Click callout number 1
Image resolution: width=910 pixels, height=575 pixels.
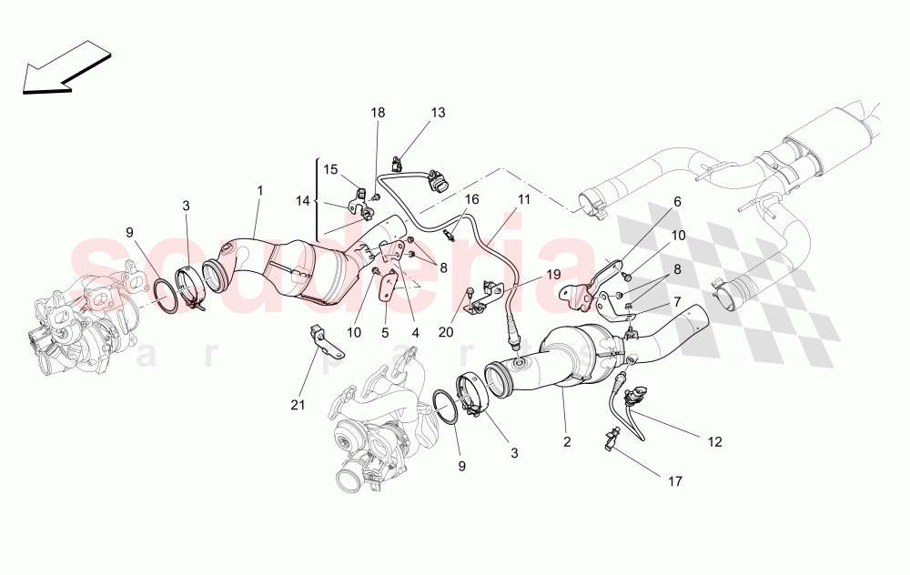click(259, 191)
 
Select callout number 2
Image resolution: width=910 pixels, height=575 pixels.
click(566, 442)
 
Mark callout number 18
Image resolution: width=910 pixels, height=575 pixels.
click(378, 113)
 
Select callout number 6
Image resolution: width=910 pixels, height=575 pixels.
click(676, 202)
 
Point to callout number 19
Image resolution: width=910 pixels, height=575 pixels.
click(554, 274)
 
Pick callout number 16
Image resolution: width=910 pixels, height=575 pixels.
click(470, 198)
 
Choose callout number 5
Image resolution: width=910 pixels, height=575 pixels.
click(385, 333)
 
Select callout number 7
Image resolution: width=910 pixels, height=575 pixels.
click(676, 301)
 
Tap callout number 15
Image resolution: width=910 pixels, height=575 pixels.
click(330, 169)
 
